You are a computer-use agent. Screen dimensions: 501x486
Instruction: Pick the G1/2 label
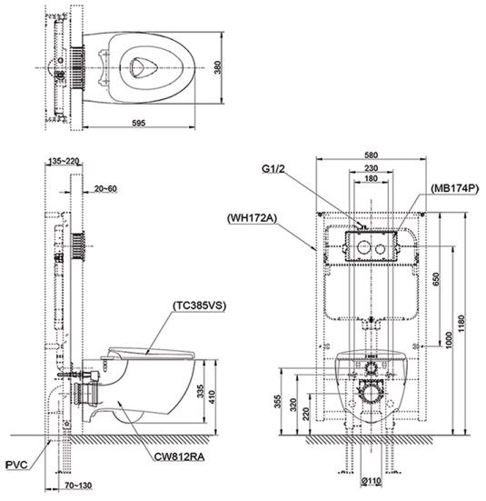(275, 168)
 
